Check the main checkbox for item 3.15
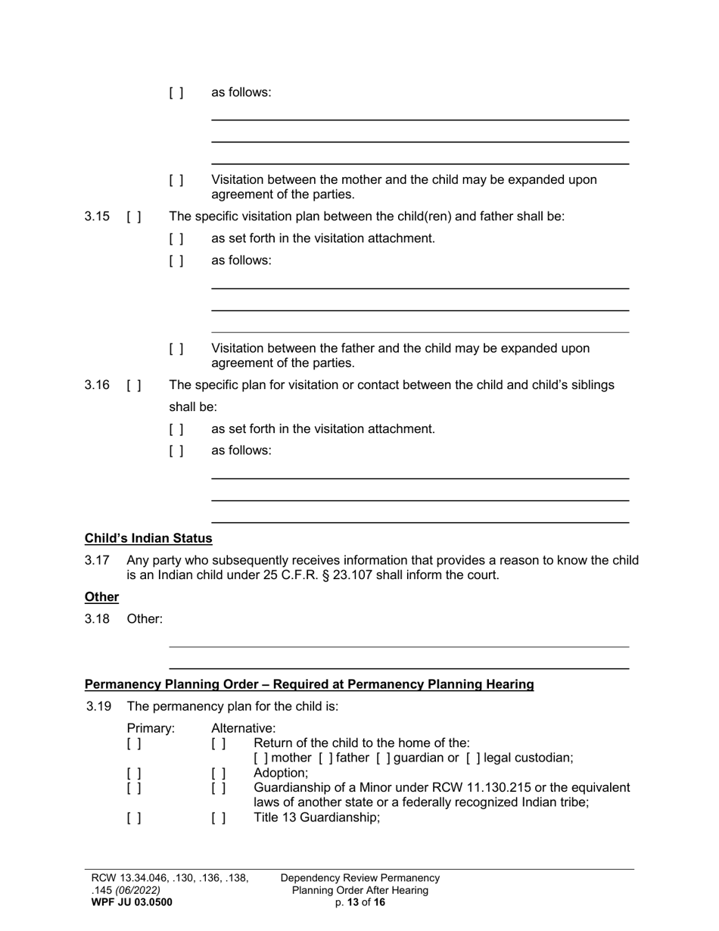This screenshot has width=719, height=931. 134,216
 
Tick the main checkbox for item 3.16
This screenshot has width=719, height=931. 134,385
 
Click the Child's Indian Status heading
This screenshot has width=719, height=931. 148,538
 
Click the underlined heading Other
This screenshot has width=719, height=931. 101,597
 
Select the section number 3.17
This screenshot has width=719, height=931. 97,560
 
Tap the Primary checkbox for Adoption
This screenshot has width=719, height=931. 134,774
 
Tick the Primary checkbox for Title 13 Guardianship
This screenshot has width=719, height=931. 134,817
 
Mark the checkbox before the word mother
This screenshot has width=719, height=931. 260,758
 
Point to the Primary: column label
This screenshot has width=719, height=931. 151,728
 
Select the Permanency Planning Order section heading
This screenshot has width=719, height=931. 309,684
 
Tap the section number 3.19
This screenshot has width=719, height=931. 98,706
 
